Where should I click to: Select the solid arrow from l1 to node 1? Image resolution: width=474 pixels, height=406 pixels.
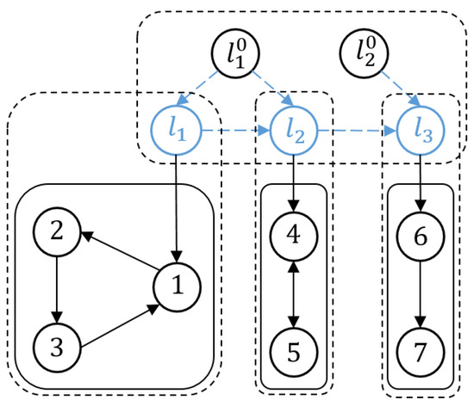coord(177,206)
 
